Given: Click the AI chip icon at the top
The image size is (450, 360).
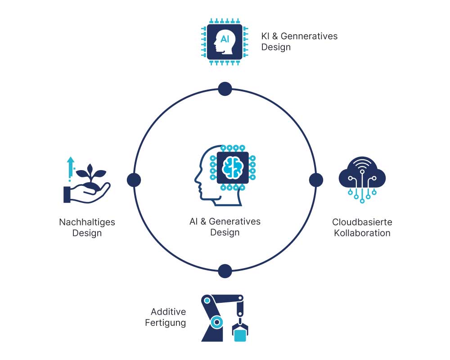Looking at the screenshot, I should click(225, 40).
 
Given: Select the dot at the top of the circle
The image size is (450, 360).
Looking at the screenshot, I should click(225, 89).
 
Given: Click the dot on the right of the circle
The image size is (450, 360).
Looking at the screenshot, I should click(316, 180).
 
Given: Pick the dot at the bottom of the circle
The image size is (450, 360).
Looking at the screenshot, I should click(225, 271).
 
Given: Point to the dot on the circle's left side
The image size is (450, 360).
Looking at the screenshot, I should click(134, 180).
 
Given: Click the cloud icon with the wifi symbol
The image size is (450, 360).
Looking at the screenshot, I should click(362, 173).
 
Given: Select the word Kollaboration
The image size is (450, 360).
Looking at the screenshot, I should click(362, 233).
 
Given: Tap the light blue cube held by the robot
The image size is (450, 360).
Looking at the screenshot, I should click(240, 336).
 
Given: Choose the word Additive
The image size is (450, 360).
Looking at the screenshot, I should click(168, 312).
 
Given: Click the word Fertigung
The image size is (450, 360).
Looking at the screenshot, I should click(165, 323).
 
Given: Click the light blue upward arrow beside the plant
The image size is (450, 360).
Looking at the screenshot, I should click(70, 167).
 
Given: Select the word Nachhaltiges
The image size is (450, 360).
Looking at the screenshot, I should click(87, 222).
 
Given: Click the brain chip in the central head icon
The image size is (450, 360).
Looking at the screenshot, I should click(233, 167).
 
